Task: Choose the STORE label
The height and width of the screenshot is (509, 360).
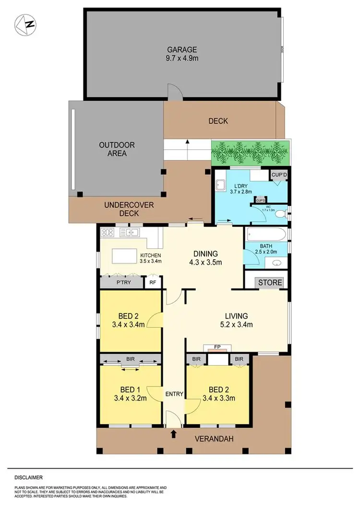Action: pyautogui.click(x=270, y=282)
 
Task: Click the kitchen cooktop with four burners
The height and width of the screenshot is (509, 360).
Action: pyautogui.click(x=108, y=233)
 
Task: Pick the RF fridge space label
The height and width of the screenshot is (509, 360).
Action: pyautogui.click(x=153, y=283)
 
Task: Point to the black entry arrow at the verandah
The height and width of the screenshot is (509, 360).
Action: pyautogui.click(x=174, y=435)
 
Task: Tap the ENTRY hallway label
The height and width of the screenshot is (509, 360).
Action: pyautogui.click(x=174, y=394)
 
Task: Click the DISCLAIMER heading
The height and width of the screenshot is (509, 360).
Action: pyautogui.click(x=28, y=477)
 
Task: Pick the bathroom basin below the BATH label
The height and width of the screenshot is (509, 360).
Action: pyautogui.click(x=277, y=264)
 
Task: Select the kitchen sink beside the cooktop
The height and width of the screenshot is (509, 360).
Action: pyautogui.click(x=130, y=233)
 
